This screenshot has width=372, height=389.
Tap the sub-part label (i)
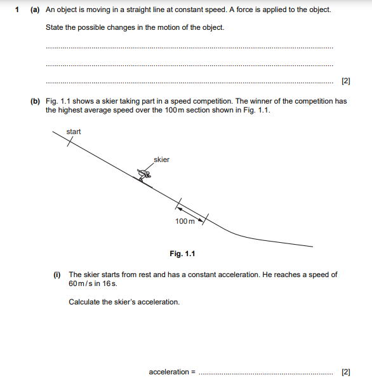57,275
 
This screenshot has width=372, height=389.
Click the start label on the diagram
74,132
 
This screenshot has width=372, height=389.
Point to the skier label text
161,160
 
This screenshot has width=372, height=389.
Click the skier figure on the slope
145,175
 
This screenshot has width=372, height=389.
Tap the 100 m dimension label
185,221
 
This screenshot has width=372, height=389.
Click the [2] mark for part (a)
345,81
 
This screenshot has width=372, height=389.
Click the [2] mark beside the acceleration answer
345,372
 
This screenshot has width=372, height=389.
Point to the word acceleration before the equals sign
169,372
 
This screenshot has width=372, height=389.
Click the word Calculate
84,302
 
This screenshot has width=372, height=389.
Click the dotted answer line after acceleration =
265,374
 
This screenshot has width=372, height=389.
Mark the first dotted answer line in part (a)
189,48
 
